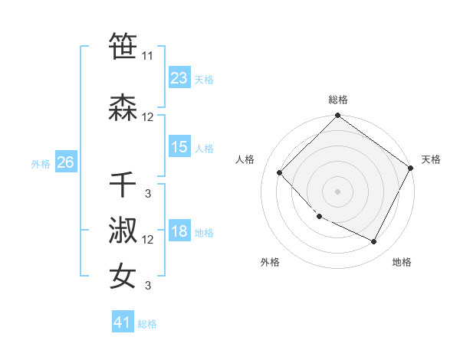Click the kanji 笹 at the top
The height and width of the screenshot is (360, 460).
[123, 46]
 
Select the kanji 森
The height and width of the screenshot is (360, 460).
[123, 107]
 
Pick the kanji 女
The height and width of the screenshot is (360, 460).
[123, 276]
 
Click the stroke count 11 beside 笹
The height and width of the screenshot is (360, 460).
[148, 56]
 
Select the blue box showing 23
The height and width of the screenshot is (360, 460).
[179, 78]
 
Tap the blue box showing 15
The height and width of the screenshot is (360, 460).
[179, 147]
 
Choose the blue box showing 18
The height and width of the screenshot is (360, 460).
[179, 231]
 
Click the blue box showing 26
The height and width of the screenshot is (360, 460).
[65, 162]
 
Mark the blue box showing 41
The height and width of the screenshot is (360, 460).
[122, 322]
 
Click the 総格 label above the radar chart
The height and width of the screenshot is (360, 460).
[338, 100]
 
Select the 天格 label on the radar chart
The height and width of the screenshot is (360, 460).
[431, 159]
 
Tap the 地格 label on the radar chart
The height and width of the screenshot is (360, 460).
[402, 262]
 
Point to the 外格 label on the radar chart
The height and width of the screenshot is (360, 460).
[270, 262]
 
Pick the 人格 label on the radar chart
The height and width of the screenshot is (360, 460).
[245, 159]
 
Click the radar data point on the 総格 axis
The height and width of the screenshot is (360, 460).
[337, 116]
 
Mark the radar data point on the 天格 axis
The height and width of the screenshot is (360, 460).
[412, 169]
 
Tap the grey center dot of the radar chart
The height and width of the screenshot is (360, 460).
[337, 191]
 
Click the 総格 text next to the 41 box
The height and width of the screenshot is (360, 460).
[147, 324]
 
